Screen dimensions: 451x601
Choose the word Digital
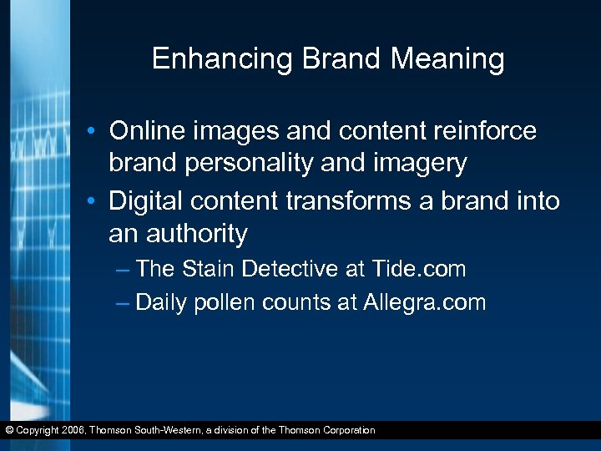pos(148,201)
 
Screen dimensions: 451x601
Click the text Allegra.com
pos(424,302)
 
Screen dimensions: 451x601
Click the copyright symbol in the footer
pos(9,431)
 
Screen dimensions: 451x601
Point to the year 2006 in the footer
pos(71,431)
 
